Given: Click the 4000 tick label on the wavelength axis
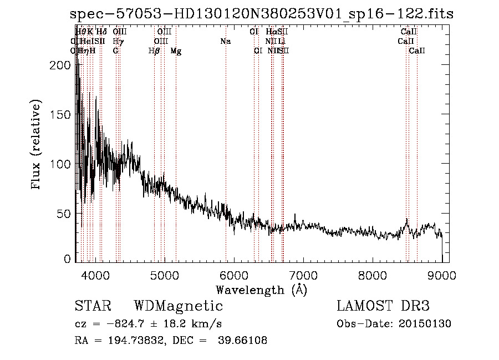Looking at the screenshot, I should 95,275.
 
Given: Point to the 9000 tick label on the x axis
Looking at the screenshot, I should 442,275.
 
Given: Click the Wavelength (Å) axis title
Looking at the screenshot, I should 261,290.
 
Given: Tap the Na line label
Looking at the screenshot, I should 225,41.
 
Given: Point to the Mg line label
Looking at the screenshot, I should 176,51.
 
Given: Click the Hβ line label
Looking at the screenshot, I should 154,51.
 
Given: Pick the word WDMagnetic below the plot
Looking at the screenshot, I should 178,306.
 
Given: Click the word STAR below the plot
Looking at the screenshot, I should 92,306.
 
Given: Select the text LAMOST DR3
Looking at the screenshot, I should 383,306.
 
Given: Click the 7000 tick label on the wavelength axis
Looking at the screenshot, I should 303,275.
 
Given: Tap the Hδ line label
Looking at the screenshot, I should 101,32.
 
